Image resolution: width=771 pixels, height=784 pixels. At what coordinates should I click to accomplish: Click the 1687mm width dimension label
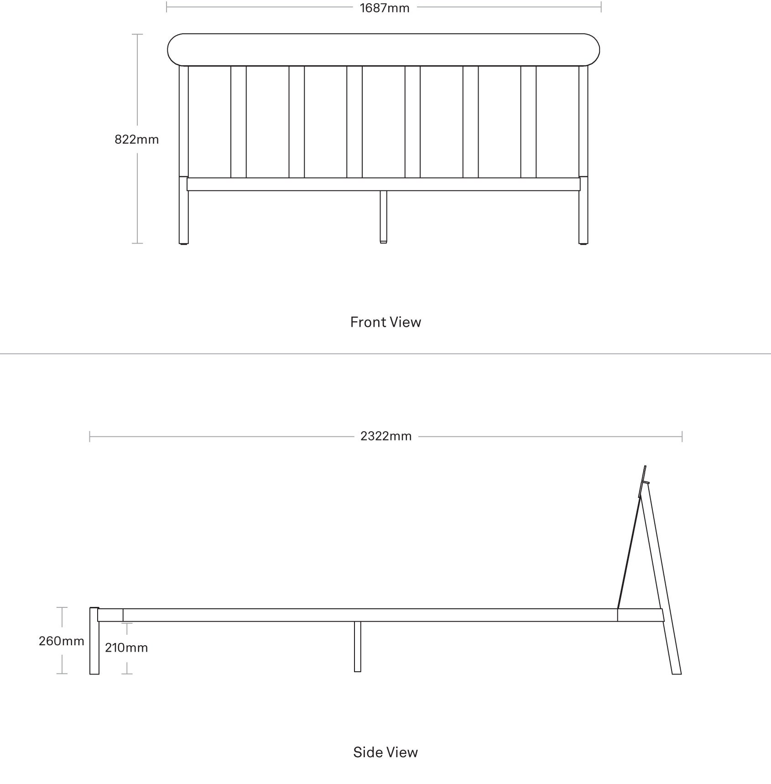[x=385, y=8]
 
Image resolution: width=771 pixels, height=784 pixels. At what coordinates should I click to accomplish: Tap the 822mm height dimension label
[x=137, y=139]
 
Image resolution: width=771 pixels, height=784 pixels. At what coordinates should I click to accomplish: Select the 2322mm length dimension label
[x=386, y=436]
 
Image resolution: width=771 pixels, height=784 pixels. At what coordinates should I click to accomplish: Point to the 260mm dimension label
[x=61, y=641]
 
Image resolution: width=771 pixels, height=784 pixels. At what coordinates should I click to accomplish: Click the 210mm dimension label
[x=126, y=648]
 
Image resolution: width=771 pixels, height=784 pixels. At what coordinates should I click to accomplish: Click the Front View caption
[x=385, y=322]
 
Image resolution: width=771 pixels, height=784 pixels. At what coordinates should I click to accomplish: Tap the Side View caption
[x=385, y=753]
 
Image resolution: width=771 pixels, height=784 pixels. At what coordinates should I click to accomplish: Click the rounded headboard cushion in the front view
[x=384, y=50]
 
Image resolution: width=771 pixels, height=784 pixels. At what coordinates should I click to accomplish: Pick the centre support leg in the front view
[x=384, y=217]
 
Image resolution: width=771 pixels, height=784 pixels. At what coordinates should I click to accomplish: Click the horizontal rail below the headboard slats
[x=384, y=184]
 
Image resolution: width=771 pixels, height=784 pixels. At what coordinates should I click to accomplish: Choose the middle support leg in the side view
[x=358, y=647]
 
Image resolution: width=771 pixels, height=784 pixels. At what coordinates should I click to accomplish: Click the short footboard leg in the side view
[x=94, y=641]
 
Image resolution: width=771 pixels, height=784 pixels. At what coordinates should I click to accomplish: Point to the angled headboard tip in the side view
[x=645, y=466]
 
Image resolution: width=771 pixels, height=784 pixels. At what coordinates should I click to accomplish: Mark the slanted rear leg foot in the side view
[x=677, y=673]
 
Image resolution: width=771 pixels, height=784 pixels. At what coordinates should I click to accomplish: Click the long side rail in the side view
[x=370, y=615]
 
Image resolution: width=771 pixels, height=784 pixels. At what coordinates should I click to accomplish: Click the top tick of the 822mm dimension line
[x=137, y=34]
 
